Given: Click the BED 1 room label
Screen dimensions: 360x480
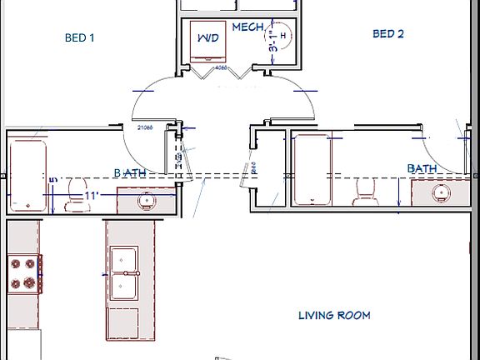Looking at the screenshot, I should (x=80, y=37).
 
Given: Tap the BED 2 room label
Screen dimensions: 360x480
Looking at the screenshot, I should (x=387, y=34).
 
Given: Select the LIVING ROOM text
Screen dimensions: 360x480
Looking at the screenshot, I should (x=333, y=315).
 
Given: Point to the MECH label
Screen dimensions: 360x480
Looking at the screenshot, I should (x=247, y=27).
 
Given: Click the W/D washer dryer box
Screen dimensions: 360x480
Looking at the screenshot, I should (x=206, y=40).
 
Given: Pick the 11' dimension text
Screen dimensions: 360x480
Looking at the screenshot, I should (x=92, y=197).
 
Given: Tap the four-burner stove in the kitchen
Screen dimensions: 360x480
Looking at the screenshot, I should (x=25, y=273).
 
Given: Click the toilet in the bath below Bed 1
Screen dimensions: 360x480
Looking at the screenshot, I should (x=77, y=187).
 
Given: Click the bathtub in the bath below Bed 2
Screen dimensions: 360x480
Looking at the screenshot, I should (x=312, y=169).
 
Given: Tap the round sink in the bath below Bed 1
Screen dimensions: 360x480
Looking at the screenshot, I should (x=145, y=201).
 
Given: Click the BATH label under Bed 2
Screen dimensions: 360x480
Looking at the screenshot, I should (x=422, y=168).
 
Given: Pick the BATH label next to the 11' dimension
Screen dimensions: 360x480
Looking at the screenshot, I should (x=130, y=173).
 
